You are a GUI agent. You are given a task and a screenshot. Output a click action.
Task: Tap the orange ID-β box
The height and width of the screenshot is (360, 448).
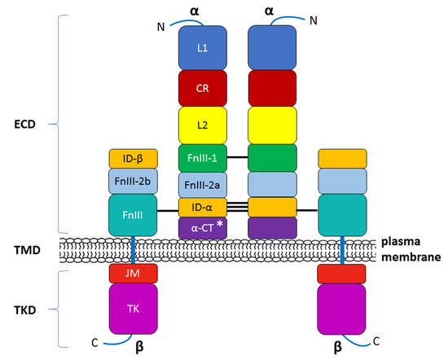pos(132,157)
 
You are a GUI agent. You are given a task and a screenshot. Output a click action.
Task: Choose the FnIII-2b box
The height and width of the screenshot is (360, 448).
pos(132,179)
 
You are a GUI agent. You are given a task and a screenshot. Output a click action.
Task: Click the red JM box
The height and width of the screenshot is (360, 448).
pos(132,274)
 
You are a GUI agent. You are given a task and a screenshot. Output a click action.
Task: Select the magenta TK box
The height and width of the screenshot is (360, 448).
pos(132,309)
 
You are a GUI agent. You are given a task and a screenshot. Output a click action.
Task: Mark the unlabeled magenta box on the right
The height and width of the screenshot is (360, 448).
pos(342,309)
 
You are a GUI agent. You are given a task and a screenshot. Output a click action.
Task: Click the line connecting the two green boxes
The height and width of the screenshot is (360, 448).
pos(236,156)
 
